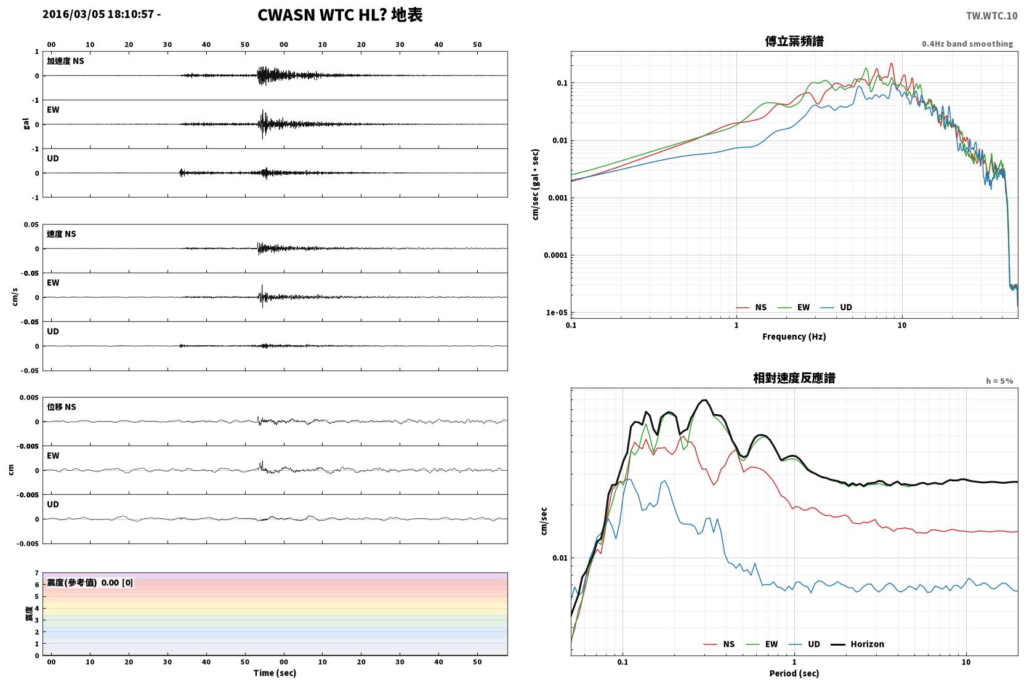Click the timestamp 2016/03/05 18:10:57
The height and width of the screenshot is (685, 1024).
99,14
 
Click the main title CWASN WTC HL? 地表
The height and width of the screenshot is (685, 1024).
340,15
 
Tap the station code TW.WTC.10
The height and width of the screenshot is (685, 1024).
991,15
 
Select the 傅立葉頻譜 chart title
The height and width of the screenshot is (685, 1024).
794,41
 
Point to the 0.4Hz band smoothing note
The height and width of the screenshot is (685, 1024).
967,44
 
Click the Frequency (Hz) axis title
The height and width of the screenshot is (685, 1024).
794,337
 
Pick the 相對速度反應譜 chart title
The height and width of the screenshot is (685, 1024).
794,378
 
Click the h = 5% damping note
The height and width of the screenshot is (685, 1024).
999,380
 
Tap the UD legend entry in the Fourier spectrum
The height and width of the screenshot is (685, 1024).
836,307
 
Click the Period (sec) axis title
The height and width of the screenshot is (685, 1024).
794,673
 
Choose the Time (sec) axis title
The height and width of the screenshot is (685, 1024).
275,673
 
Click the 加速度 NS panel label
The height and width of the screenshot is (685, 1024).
65,61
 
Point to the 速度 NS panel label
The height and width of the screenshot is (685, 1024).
61,234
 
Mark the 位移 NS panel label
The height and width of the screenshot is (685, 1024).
61,407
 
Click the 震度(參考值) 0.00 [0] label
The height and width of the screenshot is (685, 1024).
90,583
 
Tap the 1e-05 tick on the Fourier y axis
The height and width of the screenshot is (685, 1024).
557,313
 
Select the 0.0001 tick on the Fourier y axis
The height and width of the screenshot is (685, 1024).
555,255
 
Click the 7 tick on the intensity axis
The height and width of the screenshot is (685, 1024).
37,573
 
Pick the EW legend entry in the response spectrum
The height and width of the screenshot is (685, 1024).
762,644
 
